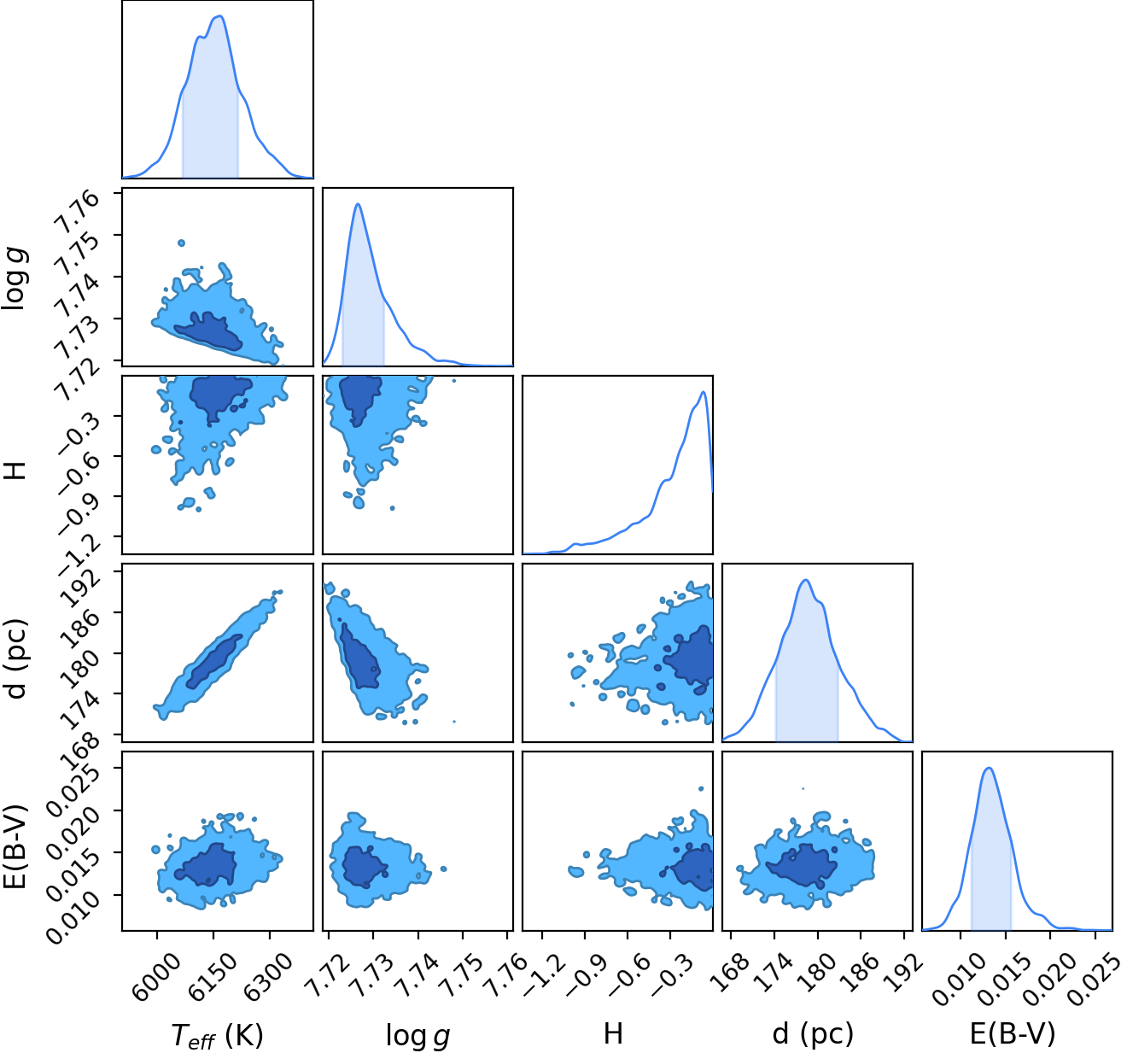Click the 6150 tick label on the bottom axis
pos(213,969)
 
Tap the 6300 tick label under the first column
pos(268,969)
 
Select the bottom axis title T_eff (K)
pos(218,1034)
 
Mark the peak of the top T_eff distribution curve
pos(221,16)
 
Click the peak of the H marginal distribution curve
pos(704,392)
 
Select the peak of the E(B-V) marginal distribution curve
pos(989,768)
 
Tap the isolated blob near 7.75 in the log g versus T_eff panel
pos(182,243)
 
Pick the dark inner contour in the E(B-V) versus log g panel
pos(365,867)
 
